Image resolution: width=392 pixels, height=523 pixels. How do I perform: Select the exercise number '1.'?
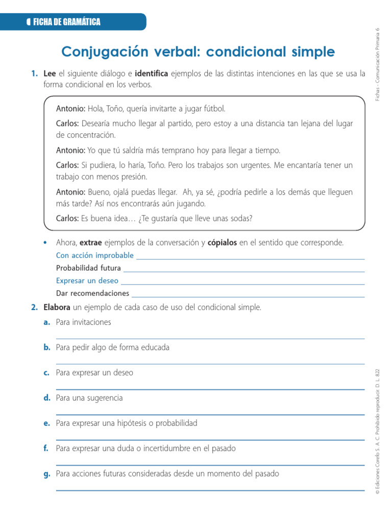34,74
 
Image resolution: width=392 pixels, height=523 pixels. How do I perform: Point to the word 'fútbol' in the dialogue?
213,109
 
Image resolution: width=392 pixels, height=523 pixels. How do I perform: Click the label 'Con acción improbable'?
95,255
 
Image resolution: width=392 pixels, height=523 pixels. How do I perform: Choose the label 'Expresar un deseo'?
87,281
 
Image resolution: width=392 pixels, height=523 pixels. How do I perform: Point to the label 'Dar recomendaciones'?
92,294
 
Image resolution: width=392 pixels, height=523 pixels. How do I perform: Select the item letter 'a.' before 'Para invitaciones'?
47,322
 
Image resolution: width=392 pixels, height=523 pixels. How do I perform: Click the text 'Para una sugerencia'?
89,398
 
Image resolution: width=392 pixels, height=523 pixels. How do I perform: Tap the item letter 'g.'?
47,474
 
